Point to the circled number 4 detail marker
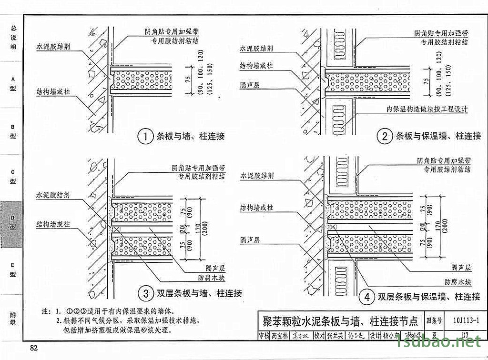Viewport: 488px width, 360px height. point(366,298)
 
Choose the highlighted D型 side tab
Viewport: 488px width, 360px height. point(13,224)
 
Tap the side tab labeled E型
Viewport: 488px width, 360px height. point(13,270)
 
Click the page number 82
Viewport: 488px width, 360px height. point(33,348)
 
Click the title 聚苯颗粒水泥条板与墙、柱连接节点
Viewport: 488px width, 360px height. point(340,320)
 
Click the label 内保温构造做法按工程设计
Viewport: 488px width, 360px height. point(427,109)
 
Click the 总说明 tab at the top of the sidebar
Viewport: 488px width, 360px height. point(13,37)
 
